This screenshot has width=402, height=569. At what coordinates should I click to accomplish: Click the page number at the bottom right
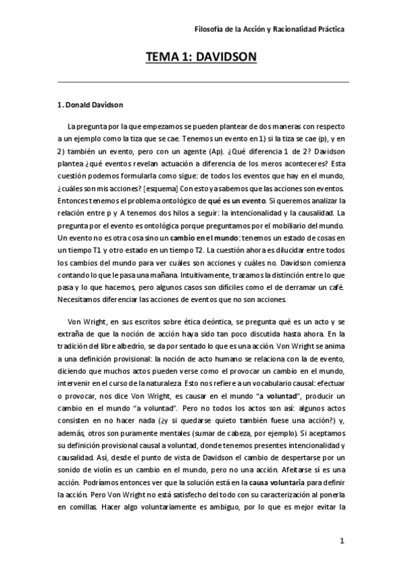tap(342, 541)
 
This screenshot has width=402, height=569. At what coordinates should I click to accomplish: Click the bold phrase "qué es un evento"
tap(217, 201)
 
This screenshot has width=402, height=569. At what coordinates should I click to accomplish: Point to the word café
tap(336, 287)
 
